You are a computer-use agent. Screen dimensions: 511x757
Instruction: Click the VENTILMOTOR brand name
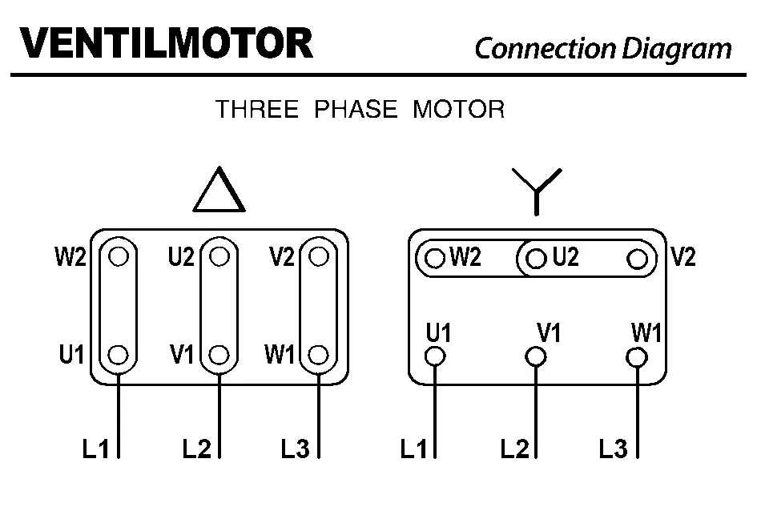pos(167,43)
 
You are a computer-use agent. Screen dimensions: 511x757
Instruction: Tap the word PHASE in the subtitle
pos(355,110)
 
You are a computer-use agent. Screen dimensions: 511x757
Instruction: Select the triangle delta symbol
pos(219,191)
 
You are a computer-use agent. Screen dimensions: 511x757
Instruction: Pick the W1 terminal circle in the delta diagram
pos(319,354)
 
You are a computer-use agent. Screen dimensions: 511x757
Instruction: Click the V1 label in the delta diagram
pos(183,354)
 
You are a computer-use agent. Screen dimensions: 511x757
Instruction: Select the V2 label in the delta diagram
pos(282,256)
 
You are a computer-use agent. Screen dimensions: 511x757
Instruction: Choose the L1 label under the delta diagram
pos(95,449)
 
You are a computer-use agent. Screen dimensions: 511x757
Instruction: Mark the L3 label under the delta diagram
pos(295,449)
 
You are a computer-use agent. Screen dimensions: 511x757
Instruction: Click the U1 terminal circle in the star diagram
pos(436,356)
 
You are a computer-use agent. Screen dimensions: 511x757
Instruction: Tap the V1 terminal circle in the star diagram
pos(536,356)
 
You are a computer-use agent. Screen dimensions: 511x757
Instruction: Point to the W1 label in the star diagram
pos(646,332)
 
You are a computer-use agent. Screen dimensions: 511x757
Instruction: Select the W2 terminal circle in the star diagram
pos(435,259)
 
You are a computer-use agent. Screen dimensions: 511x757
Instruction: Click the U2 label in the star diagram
pos(565,258)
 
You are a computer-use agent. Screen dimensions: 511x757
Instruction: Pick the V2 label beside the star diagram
pos(683,257)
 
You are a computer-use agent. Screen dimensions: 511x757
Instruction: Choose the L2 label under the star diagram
pos(514,449)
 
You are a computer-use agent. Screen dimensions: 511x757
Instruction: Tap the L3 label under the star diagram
pos(613,449)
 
